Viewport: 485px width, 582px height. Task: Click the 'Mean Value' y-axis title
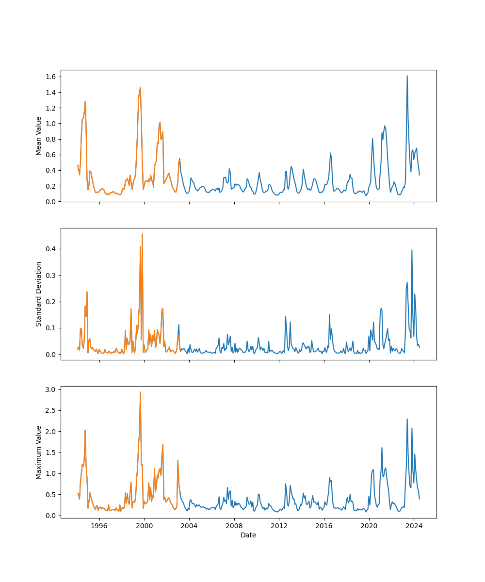click(38, 136)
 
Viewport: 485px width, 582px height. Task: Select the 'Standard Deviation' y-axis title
click(38, 294)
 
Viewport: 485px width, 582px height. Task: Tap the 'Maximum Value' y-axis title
click(38, 453)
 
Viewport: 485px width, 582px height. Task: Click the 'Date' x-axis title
click(248, 535)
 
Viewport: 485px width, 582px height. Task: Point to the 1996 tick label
click(99, 526)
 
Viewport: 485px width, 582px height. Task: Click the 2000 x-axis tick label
click(145, 526)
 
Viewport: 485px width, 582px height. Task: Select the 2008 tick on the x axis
click(234, 526)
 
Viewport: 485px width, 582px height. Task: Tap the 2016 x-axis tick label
click(324, 526)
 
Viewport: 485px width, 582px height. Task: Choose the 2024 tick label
click(414, 526)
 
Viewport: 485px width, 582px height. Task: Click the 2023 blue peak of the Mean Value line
click(407, 76)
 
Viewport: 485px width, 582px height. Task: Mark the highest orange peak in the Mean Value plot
click(141, 88)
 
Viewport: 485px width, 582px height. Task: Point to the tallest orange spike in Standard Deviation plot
click(142, 234)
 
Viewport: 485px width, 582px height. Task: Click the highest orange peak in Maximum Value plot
click(140, 392)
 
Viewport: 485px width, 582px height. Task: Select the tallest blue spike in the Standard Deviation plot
click(412, 250)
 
